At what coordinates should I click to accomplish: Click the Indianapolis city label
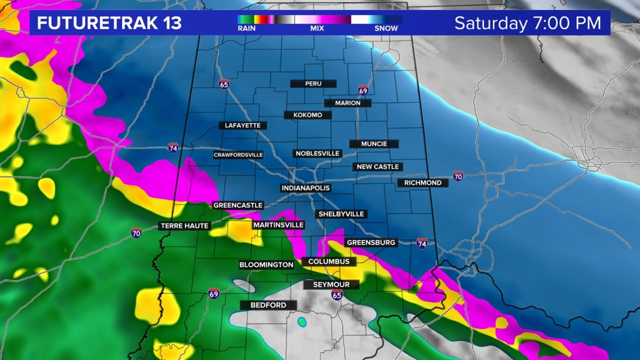(x=305, y=188)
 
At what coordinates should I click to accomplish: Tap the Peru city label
(x=313, y=84)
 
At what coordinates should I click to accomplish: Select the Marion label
(x=348, y=103)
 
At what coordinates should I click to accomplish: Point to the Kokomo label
(x=308, y=115)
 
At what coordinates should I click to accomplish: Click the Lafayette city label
(x=243, y=126)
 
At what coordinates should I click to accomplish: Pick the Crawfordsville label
(x=238, y=155)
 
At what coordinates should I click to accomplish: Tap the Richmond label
(x=423, y=183)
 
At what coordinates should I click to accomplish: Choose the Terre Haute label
(x=184, y=226)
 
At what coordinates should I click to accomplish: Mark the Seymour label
(x=331, y=285)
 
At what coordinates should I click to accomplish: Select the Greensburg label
(x=371, y=243)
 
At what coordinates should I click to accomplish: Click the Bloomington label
(x=266, y=265)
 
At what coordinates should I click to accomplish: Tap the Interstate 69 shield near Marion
(x=363, y=90)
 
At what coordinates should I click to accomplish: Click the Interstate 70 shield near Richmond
(x=458, y=176)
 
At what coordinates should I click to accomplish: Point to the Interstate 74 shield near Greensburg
(x=422, y=243)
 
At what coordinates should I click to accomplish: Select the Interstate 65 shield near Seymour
(x=336, y=295)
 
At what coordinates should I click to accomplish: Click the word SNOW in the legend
(x=386, y=28)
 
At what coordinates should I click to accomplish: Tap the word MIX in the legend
(x=317, y=28)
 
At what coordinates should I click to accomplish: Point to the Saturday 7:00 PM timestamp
(x=527, y=23)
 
